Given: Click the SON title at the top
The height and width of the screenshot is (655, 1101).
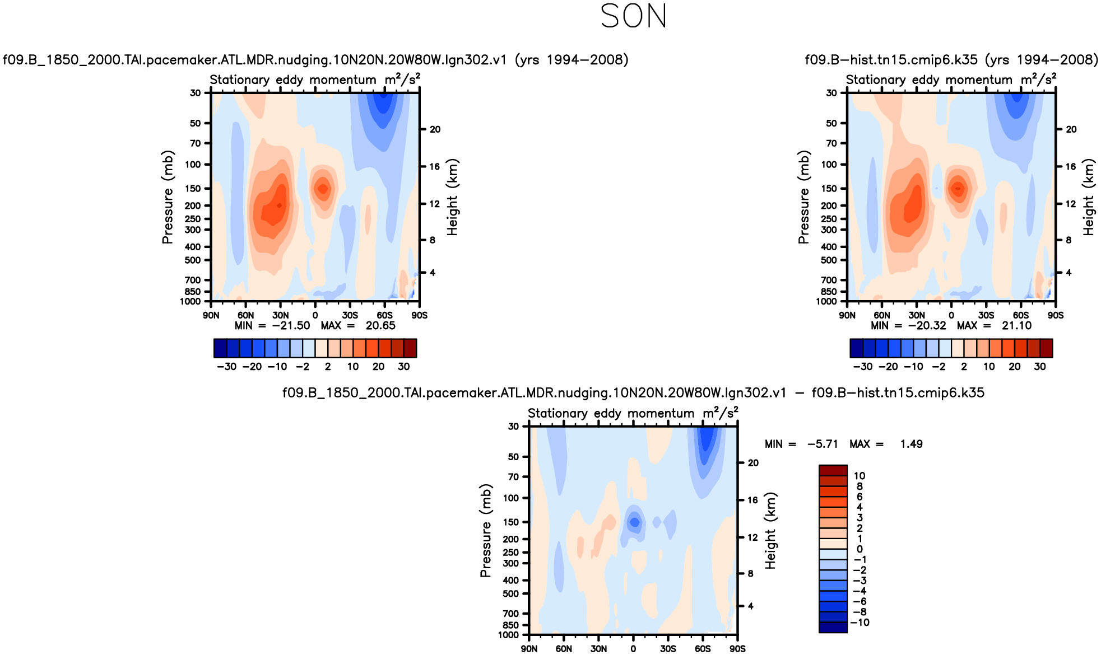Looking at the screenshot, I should click(633, 16).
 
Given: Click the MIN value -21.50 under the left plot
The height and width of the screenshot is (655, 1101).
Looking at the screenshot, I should click(291, 326).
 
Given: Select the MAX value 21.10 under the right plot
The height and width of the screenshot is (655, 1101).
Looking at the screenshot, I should click(1016, 326).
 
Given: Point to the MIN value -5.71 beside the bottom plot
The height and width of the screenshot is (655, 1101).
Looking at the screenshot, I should click(823, 444).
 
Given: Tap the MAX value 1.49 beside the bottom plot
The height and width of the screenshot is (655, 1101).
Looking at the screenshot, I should click(911, 444).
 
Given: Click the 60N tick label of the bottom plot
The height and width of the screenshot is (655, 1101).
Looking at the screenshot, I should click(564, 648).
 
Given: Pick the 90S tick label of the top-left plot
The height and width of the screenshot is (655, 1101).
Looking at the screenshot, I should click(419, 315).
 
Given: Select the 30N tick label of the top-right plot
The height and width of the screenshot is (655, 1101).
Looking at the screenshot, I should click(917, 315).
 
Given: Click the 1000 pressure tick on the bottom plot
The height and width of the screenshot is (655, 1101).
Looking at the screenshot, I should click(509, 635).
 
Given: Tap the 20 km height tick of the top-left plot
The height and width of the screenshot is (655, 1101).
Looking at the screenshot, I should click(435, 129).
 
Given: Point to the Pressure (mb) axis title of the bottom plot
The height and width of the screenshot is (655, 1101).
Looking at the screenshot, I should click(485, 530).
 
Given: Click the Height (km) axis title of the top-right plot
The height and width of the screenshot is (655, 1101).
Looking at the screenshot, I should click(1088, 197).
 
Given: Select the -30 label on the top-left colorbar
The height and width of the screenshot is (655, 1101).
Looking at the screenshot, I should click(226, 367).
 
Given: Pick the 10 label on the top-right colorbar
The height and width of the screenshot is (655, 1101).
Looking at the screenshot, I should click(989, 367).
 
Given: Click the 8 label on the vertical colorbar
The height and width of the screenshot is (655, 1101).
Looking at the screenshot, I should click(860, 486).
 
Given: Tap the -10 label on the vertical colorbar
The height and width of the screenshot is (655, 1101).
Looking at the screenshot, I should click(860, 623).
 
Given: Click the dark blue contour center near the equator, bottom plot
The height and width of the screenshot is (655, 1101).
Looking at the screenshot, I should click(634, 522).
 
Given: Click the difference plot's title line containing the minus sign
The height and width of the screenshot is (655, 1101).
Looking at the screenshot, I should click(633, 393).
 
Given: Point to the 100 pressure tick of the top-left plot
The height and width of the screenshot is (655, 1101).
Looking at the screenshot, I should click(193, 165).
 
